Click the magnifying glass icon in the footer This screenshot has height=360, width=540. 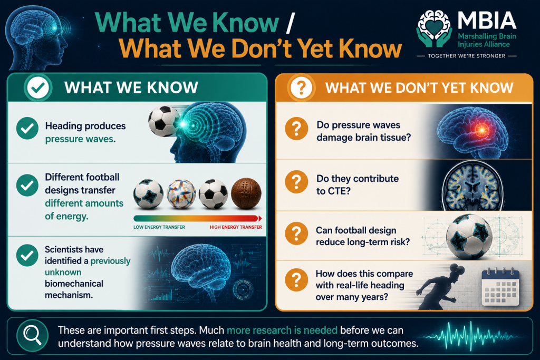point(32,335)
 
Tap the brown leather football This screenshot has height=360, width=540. point(246,193)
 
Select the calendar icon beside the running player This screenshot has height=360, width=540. point(500,287)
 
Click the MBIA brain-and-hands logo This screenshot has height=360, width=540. point(435,28)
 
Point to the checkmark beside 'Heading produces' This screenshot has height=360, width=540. point(27,129)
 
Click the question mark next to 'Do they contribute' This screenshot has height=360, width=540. point(296,182)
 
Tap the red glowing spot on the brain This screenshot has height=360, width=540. point(481,130)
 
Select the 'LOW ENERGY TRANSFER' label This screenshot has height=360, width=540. point(159,227)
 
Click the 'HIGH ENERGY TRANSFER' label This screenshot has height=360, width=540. point(236,227)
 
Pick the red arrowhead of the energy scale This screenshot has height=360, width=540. point(260,218)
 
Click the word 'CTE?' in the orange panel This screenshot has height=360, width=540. point(333,191)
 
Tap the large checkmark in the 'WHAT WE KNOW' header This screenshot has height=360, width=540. point(38,87)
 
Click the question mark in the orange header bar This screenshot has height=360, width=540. point(301,88)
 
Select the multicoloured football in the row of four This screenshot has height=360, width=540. point(181,194)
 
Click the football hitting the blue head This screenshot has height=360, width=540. point(164,121)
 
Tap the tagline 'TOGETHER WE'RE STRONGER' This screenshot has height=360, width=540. point(466,56)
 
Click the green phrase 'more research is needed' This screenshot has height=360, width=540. point(282,330)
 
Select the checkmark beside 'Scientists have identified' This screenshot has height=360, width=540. point(27,255)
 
